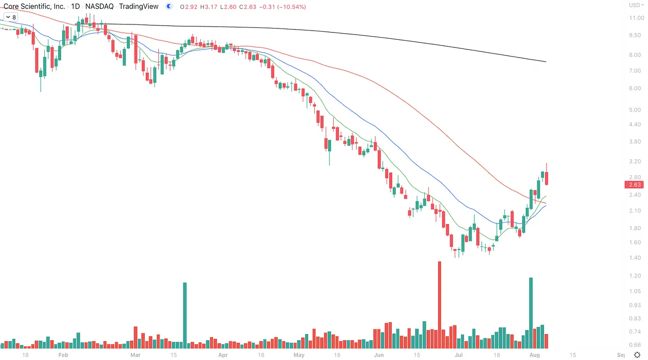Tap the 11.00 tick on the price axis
636,18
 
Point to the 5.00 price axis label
635,110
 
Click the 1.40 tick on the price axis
635,258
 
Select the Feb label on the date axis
63,355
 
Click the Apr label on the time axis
223,355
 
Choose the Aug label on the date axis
534,355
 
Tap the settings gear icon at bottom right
636,355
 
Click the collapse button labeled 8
10,17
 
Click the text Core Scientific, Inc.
34,7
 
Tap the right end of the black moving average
545,62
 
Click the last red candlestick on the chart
547,178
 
